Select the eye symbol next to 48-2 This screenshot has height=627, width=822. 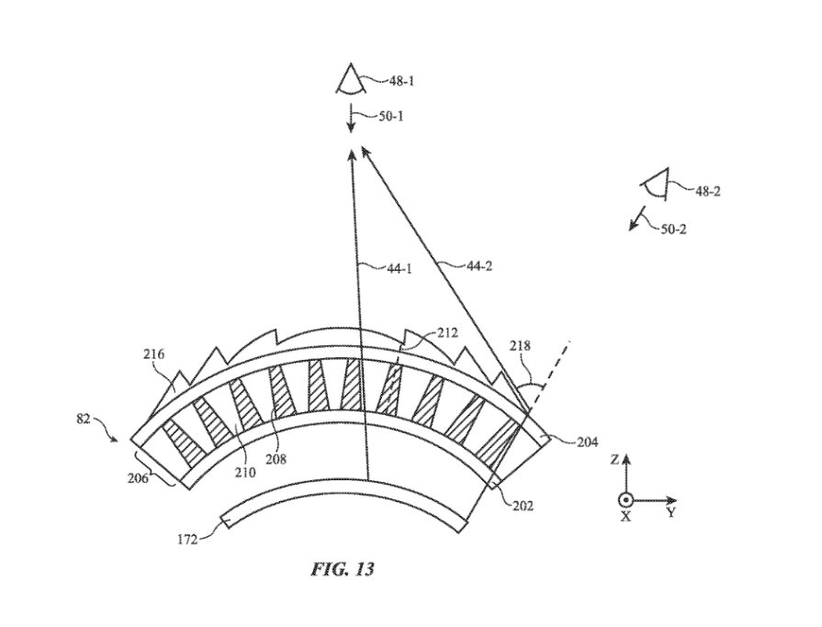[x=656, y=184]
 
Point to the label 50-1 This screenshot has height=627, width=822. [x=392, y=116]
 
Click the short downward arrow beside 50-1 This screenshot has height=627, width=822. [x=351, y=120]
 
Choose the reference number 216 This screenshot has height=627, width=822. [x=154, y=353]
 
